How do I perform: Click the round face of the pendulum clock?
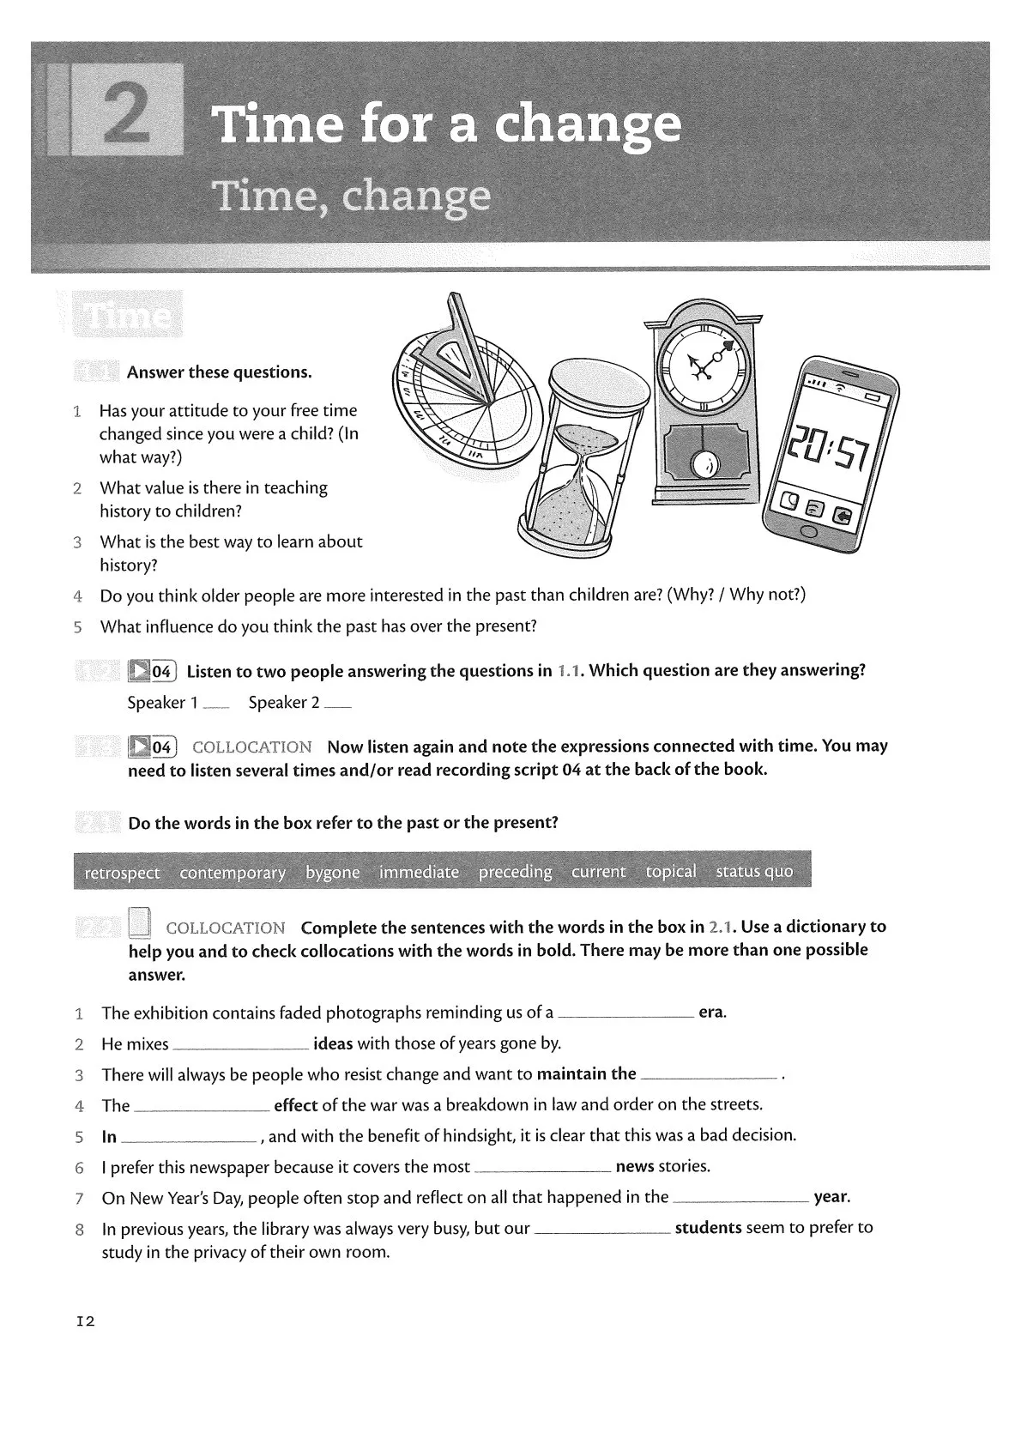pyautogui.click(x=706, y=368)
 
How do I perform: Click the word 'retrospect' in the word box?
pyautogui.click(x=122, y=873)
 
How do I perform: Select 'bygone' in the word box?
pyautogui.click(x=333, y=873)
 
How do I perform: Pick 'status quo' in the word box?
pyautogui.click(x=754, y=872)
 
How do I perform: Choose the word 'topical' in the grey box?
pyautogui.click(x=671, y=872)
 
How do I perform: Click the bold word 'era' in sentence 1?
pyautogui.click(x=711, y=1013)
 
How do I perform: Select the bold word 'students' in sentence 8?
pyautogui.click(x=708, y=1228)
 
